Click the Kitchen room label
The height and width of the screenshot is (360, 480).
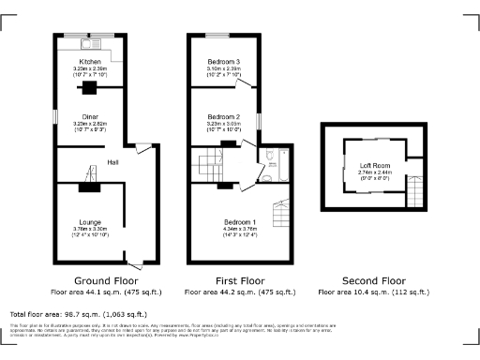[89, 62]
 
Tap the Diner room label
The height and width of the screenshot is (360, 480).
[89, 116]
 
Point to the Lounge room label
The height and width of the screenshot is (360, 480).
[90, 221]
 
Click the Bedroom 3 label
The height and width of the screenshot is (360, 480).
[224, 62]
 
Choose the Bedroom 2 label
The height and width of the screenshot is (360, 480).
[224, 116]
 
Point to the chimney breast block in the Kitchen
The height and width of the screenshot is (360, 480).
[89, 89]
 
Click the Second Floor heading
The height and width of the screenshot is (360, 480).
[373, 280]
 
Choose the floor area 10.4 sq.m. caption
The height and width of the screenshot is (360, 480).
[373, 292]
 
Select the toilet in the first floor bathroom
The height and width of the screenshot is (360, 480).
[269, 156]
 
